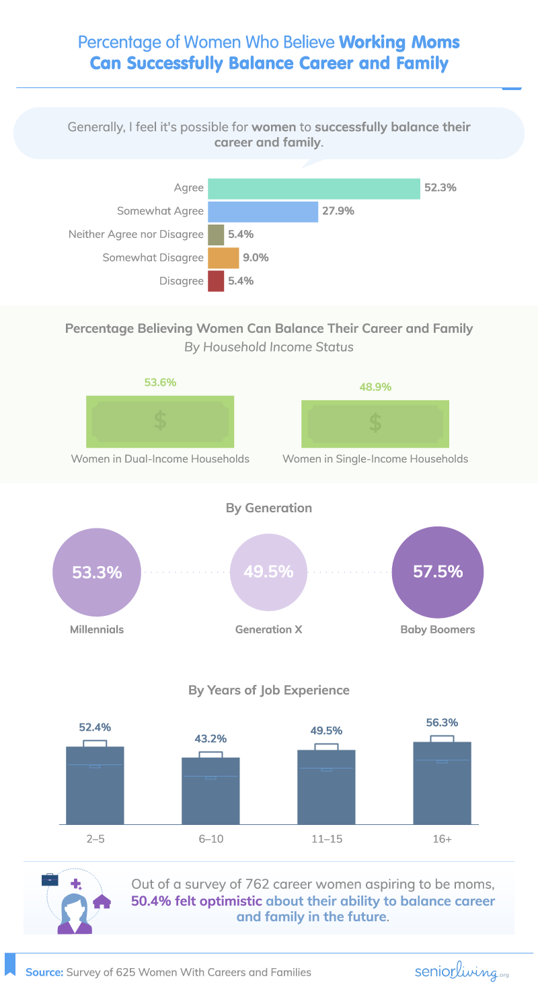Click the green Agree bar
pyautogui.click(x=314, y=188)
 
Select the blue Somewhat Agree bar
pyautogui.click(x=262, y=211)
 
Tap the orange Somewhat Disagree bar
pyautogui.click(x=223, y=258)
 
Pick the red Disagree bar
pyautogui.click(x=216, y=281)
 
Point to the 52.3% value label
pyautogui.click(x=440, y=188)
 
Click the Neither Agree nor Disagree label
pyautogui.click(x=136, y=235)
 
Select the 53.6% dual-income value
pyautogui.click(x=160, y=383)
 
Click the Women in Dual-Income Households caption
pyautogui.click(x=160, y=459)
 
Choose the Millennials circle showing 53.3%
pyautogui.click(x=97, y=573)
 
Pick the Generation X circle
pyautogui.click(x=269, y=573)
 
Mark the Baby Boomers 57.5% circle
pyautogui.click(x=438, y=573)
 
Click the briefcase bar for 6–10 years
pyautogui.click(x=210, y=790)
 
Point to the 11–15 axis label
pyautogui.click(x=326, y=840)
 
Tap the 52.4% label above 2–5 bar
pyautogui.click(x=95, y=727)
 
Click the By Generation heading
pyautogui.click(x=269, y=508)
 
